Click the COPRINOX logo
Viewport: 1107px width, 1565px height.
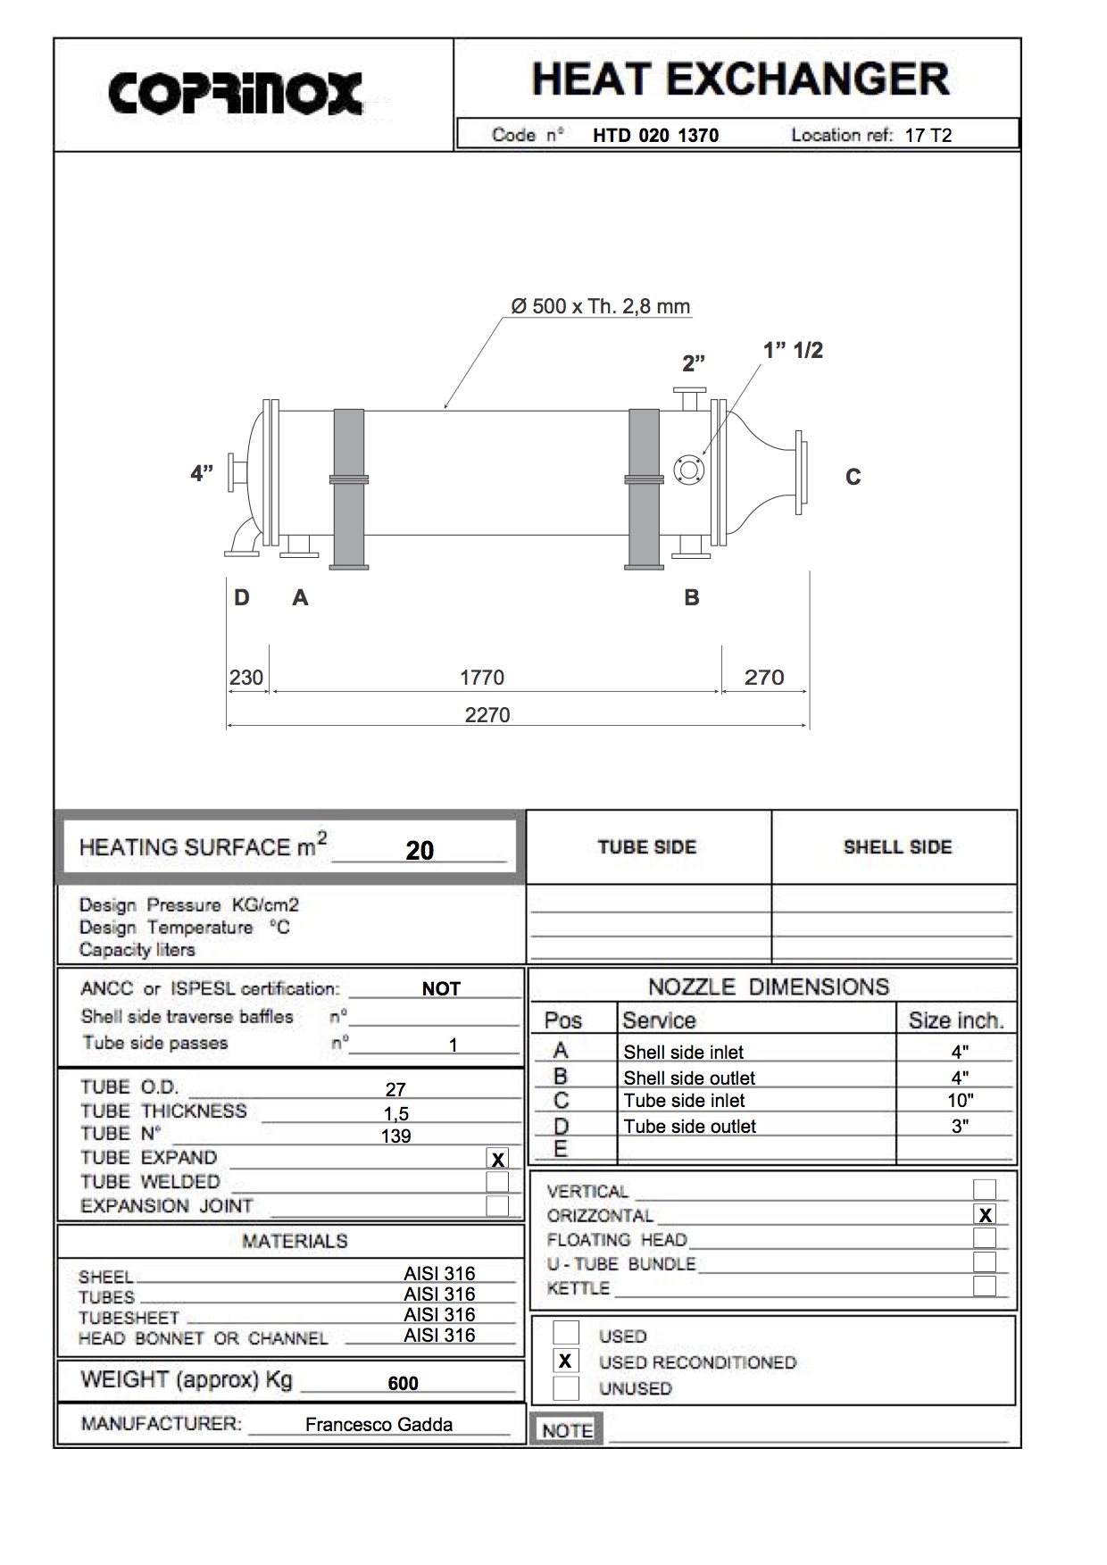[236, 93]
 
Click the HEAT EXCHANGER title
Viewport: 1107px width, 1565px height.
[741, 79]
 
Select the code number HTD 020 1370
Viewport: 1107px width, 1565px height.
[655, 136]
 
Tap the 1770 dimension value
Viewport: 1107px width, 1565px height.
[482, 678]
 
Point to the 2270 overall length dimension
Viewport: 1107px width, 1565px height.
[487, 715]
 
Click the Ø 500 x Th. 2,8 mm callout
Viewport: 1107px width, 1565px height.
[601, 307]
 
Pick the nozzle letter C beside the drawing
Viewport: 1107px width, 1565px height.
[853, 478]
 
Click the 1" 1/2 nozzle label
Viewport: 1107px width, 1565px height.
[793, 351]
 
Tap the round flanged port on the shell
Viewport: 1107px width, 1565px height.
[688, 469]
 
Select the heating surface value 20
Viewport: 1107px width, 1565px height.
[420, 850]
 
